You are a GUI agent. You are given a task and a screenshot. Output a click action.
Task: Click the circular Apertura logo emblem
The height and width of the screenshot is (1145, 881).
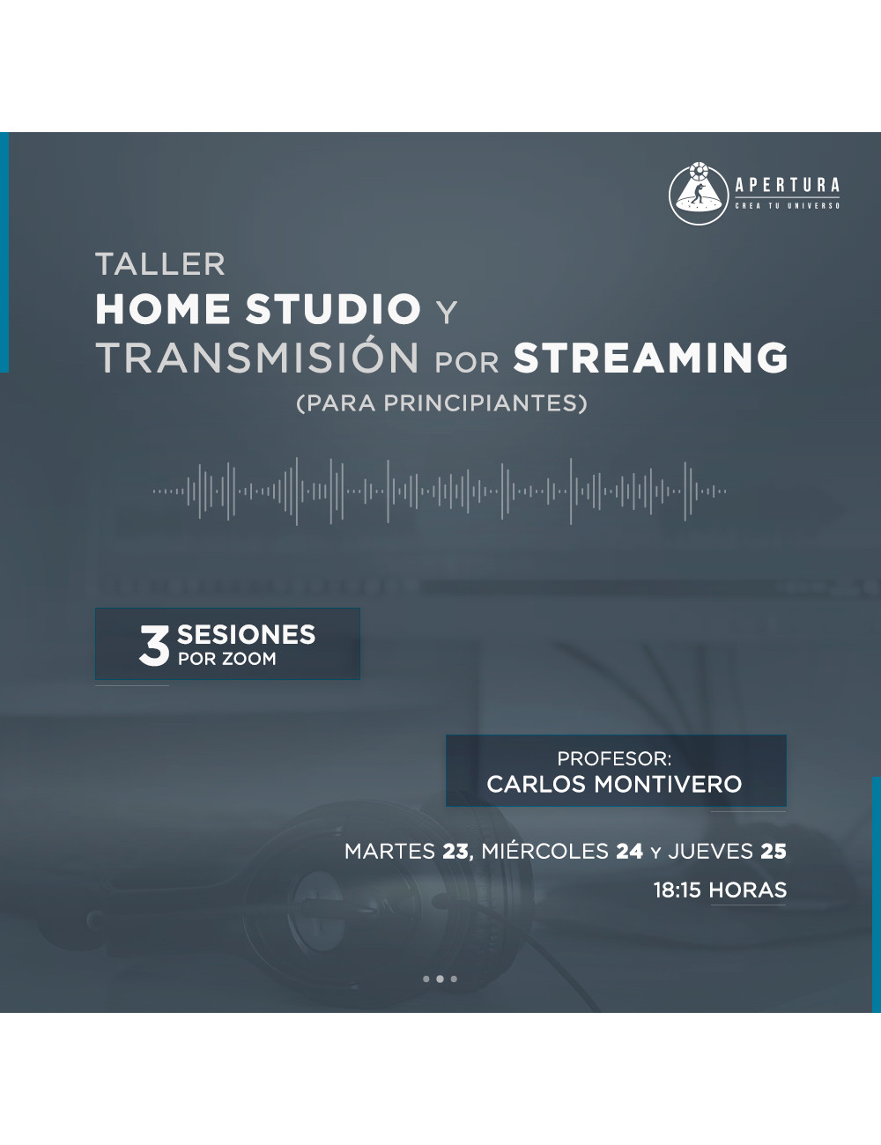pyautogui.click(x=699, y=194)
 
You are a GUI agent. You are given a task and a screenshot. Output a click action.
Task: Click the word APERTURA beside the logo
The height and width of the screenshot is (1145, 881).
pyautogui.click(x=788, y=186)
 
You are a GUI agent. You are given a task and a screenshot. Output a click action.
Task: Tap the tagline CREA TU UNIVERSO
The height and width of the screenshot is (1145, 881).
pyautogui.click(x=788, y=206)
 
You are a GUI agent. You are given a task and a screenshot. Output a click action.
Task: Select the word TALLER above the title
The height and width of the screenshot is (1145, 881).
pyautogui.click(x=160, y=264)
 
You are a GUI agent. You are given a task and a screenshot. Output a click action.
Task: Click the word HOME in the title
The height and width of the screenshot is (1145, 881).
pyautogui.click(x=163, y=309)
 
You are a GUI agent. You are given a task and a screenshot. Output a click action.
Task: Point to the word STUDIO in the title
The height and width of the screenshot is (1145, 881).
pyautogui.click(x=333, y=309)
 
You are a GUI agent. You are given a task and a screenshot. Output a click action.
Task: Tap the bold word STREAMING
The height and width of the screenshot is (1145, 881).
pyautogui.click(x=650, y=358)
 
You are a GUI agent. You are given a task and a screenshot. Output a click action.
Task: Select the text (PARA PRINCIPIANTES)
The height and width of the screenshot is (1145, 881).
pyautogui.click(x=441, y=403)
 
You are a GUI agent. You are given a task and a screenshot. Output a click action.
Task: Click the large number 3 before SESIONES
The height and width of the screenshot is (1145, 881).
pyautogui.click(x=154, y=646)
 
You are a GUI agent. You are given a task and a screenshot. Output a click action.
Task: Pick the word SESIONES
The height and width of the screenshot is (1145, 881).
pyautogui.click(x=246, y=634)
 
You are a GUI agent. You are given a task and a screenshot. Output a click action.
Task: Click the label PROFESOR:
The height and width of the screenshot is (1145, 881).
pyautogui.click(x=614, y=758)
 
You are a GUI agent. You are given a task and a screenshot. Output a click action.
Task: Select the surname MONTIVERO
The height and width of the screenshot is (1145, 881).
pyautogui.click(x=668, y=784)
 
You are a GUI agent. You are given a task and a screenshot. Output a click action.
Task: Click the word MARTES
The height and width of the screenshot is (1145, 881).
pyautogui.click(x=389, y=852)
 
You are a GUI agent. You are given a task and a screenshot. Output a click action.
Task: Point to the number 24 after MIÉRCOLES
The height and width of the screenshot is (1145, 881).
pyautogui.click(x=630, y=852)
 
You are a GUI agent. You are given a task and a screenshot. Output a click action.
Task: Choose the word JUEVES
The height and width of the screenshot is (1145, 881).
pyautogui.click(x=711, y=852)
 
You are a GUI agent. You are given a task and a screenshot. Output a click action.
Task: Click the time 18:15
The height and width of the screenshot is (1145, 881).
pyautogui.click(x=677, y=890)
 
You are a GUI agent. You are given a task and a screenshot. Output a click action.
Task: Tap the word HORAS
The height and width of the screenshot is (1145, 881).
pyautogui.click(x=748, y=890)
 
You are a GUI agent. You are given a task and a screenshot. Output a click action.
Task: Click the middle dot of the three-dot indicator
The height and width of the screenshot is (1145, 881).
pyautogui.click(x=440, y=979)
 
